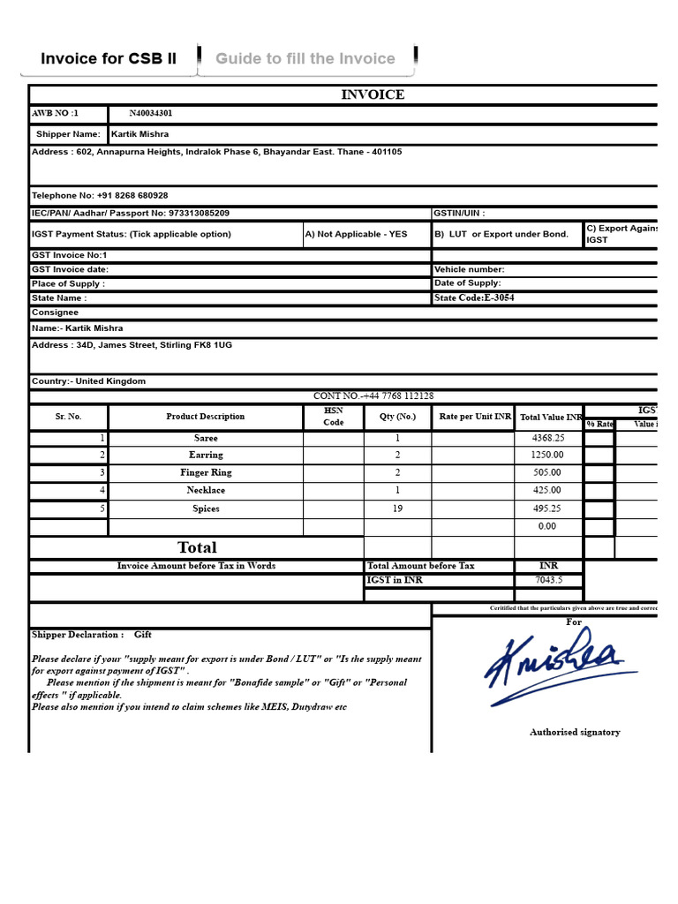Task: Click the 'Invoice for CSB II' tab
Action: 109,59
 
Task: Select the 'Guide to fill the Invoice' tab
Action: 305,59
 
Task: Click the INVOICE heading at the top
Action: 373,94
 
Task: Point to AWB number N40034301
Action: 151,114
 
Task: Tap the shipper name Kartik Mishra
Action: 139,134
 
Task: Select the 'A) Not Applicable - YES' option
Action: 357,235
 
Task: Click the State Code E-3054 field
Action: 474,298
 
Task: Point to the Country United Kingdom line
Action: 89,381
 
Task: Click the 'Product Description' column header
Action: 206,417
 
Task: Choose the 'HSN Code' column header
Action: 333,417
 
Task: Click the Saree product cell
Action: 206,438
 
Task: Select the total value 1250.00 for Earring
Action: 547,456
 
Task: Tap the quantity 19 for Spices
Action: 397,509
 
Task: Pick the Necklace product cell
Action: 206,491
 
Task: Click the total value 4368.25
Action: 547,438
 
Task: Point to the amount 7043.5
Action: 547,580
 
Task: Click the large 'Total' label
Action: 197,547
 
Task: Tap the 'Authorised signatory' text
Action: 575,732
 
